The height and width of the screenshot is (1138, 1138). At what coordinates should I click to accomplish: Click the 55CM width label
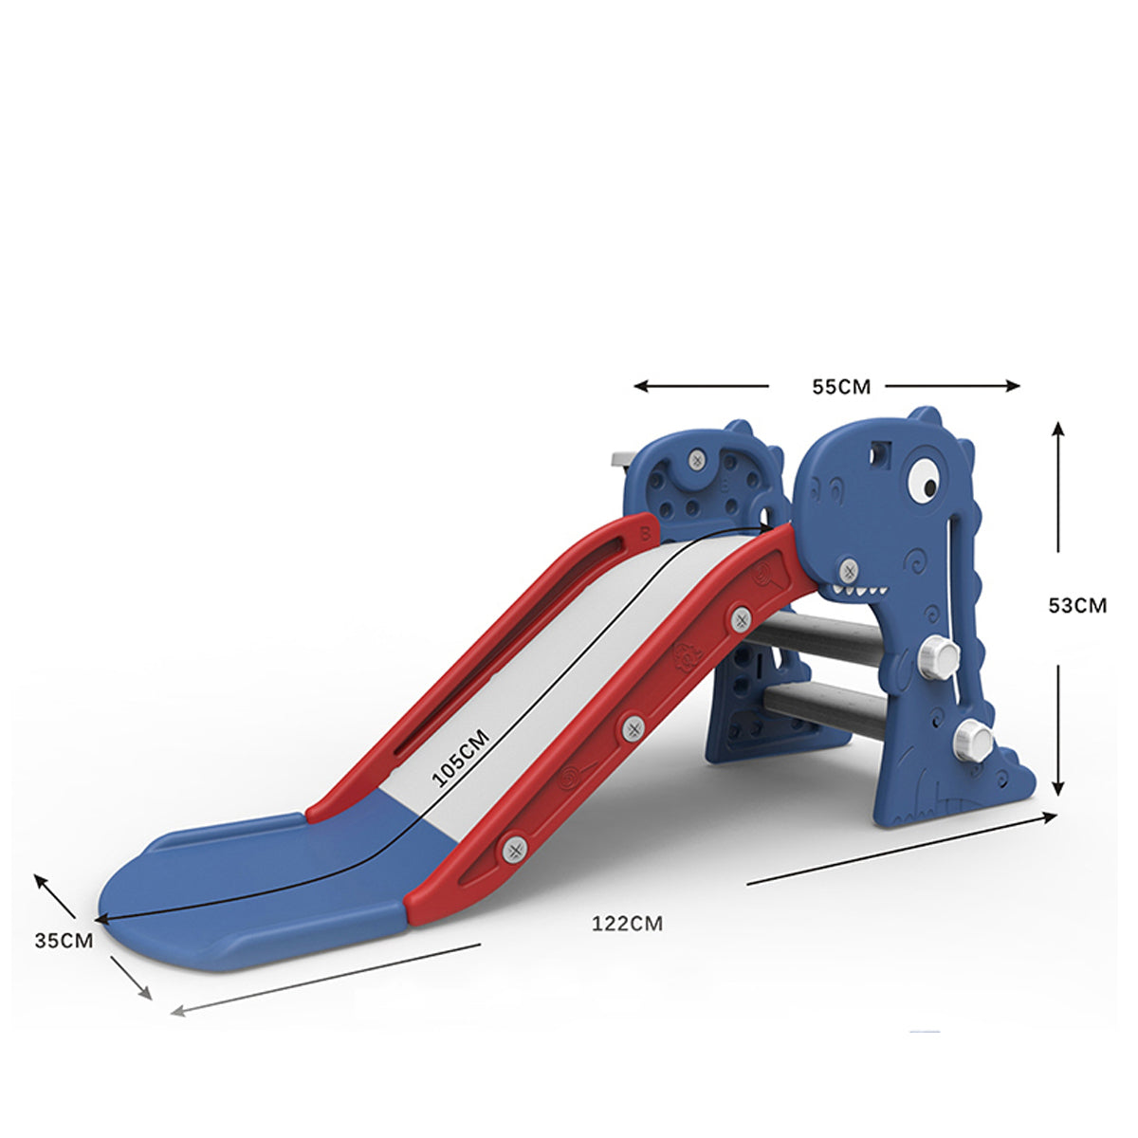click(x=841, y=387)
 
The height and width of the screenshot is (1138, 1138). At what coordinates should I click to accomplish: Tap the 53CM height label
click(x=1077, y=605)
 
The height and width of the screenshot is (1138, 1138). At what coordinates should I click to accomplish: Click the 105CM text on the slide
click(x=461, y=760)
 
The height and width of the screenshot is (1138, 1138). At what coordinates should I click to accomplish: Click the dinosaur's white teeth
click(x=858, y=590)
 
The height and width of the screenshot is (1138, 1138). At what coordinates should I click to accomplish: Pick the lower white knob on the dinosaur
click(x=974, y=741)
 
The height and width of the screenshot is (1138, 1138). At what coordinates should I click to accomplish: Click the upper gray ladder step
click(x=821, y=638)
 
